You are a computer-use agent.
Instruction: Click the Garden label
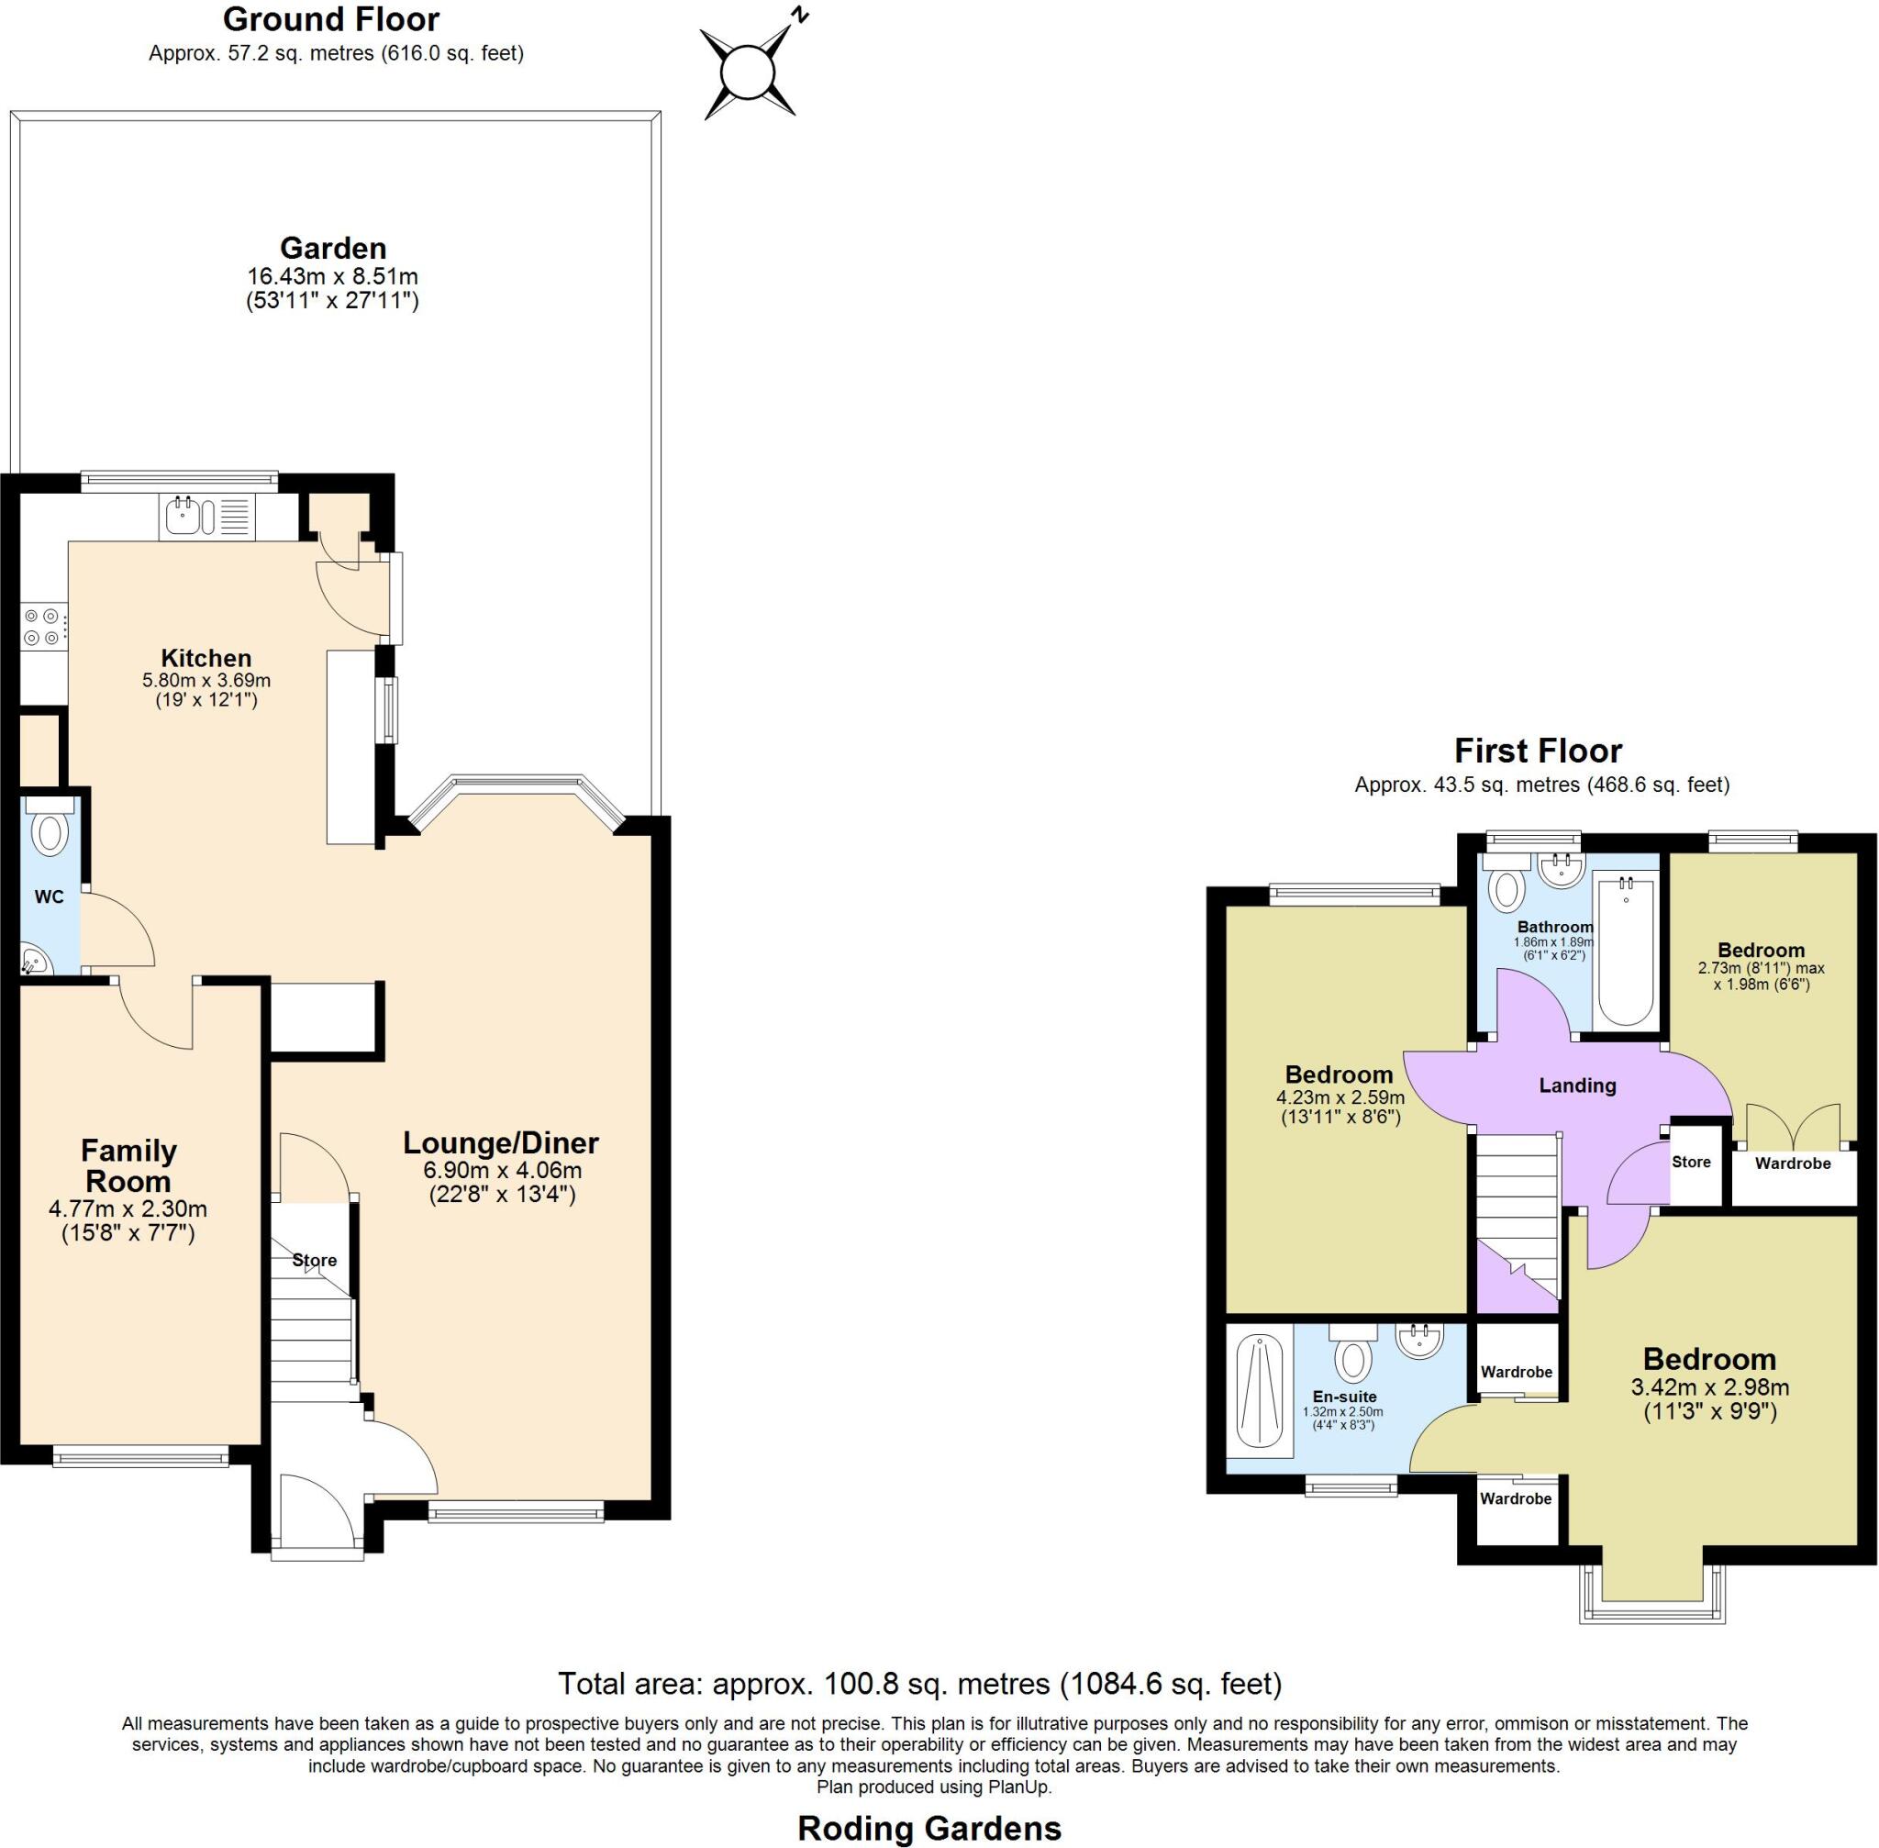[x=333, y=249]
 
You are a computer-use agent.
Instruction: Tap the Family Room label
[x=128, y=1165]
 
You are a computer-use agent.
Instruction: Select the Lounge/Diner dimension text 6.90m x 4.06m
[x=502, y=1171]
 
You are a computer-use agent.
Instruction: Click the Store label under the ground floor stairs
[x=315, y=1260]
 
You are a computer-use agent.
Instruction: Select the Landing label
[x=1577, y=1085]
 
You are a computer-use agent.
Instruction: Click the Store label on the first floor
[x=1691, y=1162]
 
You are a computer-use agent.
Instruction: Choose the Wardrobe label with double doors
[x=1793, y=1163]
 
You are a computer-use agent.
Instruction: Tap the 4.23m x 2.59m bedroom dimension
[x=1340, y=1097]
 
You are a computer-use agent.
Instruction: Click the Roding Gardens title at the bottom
[x=928, y=1829]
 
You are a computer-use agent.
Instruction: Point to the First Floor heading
[x=1538, y=751]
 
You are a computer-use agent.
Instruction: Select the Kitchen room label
[x=206, y=657]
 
